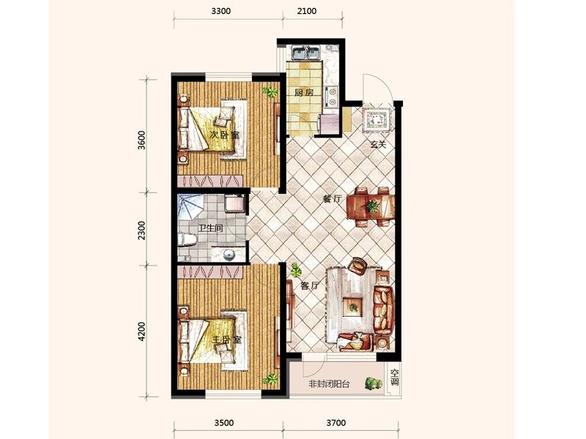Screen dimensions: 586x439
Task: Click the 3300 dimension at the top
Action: click(221, 11)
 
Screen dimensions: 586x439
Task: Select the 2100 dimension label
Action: click(307, 11)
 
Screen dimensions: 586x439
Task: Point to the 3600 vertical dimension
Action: click(141, 140)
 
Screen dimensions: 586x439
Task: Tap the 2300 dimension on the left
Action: click(141, 230)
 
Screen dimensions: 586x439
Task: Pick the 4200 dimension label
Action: click(141, 332)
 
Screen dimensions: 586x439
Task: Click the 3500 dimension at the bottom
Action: click(224, 423)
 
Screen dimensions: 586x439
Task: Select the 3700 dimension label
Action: click(336, 423)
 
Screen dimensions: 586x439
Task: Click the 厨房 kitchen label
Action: click(303, 93)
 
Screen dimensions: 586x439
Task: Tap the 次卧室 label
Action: click(224, 135)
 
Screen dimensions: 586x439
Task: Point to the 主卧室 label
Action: click(226, 340)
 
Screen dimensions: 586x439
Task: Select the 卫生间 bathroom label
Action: click(210, 228)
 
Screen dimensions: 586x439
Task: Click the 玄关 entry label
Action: click(378, 144)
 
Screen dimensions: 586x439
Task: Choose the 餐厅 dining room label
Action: click(333, 199)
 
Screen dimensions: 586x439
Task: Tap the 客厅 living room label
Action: click(310, 286)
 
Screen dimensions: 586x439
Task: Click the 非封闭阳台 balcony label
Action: click(329, 383)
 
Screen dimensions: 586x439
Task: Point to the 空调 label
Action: click(395, 377)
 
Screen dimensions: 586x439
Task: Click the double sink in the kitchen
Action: click(305, 53)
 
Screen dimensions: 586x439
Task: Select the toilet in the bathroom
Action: click(187, 239)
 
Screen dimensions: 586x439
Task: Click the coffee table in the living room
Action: click(353, 307)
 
